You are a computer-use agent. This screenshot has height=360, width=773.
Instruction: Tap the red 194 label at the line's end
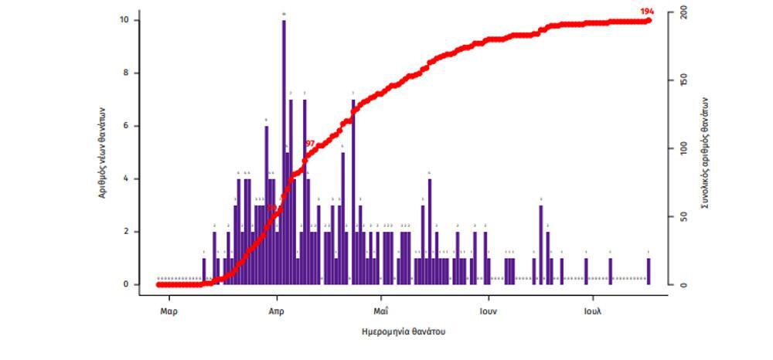click(x=647, y=11)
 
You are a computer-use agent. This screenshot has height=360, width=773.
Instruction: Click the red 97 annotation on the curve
click(x=310, y=144)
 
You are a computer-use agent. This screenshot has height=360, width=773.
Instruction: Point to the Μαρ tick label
click(x=169, y=311)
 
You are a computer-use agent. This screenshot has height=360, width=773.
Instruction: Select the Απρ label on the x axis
click(x=276, y=311)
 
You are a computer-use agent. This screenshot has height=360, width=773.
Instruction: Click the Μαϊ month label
click(x=380, y=311)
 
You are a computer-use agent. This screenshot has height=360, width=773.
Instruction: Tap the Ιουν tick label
click(x=487, y=311)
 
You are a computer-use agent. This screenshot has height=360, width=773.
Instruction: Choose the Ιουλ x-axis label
click(x=593, y=311)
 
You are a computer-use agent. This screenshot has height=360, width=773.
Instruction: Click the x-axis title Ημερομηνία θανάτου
click(x=404, y=331)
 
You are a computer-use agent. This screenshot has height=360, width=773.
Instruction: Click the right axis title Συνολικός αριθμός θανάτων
click(x=706, y=152)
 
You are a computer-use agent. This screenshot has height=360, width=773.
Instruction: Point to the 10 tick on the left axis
click(x=125, y=20)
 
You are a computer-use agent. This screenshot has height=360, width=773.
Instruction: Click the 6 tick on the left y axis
click(x=127, y=126)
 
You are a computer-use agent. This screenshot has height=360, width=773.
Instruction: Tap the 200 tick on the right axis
click(x=684, y=13)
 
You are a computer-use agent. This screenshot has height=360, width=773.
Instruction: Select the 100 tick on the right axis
click(x=684, y=148)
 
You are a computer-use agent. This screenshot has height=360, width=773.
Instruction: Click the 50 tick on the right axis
click(x=684, y=217)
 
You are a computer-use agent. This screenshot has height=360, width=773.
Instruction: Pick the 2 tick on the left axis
click(x=127, y=232)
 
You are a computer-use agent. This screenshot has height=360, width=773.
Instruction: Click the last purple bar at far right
click(x=649, y=271)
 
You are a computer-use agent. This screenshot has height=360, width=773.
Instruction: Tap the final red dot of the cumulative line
click(x=649, y=20)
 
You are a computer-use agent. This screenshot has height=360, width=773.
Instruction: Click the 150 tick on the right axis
click(x=684, y=81)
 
